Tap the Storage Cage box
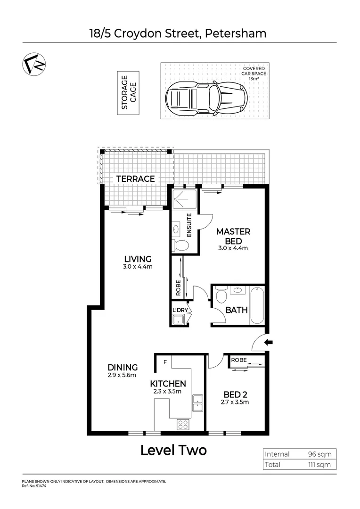tap(128, 93)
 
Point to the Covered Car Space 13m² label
tap(254, 74)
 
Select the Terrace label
tap(136, 179)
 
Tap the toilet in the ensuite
tap(180, 245)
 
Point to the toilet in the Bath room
tap(221, 296)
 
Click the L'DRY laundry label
tap(180, 310)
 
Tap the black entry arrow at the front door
tap(268, 343)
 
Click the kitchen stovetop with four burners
tap(183, 424)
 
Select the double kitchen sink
tap(197, 403)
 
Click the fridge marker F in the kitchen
tap(164, 362)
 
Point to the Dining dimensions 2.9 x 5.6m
tap(123, 376)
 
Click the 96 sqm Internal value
tap(320, 454)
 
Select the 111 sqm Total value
tap(320, 465)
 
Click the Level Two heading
tap(173, 450)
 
